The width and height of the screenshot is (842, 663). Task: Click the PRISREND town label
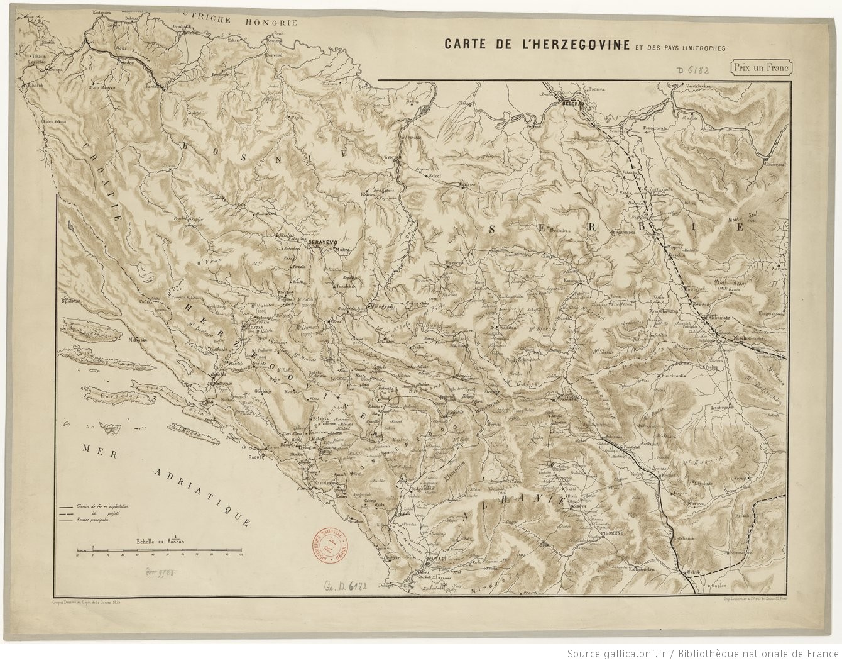click(x=622, y=532)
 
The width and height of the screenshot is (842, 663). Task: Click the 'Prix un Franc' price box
click(x=760, y=67)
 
